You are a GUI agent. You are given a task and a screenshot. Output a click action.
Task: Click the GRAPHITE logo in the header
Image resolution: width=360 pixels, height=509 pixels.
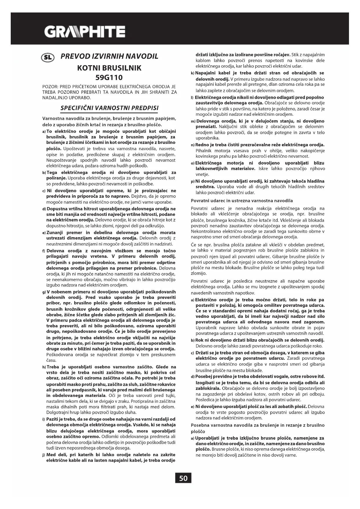(x=84, y=31)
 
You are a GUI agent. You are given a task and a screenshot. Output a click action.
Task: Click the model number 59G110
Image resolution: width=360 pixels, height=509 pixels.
(x=109, y=77)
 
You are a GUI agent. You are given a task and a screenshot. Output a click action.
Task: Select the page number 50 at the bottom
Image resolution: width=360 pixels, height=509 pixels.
(x=183, y=478)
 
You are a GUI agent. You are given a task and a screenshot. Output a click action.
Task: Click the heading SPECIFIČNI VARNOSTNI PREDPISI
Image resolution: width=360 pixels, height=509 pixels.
(x=109, y=108)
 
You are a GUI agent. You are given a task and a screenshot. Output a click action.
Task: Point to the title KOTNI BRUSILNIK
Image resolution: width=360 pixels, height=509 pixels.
(x=109, y=68)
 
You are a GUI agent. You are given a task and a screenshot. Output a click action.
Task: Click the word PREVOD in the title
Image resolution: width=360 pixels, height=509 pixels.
(x=74, y=56)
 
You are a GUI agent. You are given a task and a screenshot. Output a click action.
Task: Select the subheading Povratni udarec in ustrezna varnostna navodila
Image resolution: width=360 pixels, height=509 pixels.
(x=242, y=201)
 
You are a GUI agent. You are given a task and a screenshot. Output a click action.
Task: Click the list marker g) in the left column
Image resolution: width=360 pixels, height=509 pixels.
(x=44, y=292)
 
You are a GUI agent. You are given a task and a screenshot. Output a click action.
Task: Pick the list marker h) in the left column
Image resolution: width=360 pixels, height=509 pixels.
(x=44, y=367)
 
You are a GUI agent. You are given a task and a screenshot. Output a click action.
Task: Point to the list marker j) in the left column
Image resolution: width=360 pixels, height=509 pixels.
(x=44, y=455)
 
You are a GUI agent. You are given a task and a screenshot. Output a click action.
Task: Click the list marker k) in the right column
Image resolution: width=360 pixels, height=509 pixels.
(x=192, y=73)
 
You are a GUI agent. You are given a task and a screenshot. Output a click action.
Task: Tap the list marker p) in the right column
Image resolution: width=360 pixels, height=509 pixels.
(x=193, y=181)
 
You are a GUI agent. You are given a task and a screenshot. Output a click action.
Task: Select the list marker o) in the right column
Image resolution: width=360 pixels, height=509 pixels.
(x=193, y=163)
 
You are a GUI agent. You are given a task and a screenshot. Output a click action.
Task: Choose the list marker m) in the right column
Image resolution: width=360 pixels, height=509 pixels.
(x=193, y=121)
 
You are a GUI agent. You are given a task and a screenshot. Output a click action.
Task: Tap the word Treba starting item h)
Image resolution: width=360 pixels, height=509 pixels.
(x=53, y=367)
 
